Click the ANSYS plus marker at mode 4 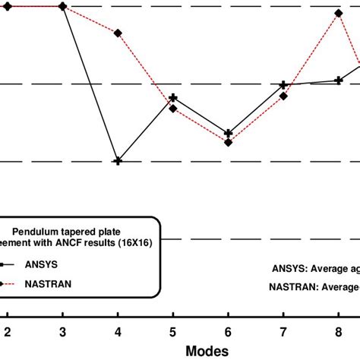118,161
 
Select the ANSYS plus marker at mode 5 173,98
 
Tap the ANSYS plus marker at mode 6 229,134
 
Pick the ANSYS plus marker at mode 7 283,85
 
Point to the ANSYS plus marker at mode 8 339,80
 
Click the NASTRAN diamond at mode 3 62,6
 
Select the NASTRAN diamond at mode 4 118,33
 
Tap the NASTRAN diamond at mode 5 173,109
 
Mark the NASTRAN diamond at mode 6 229,142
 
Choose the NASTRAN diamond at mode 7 283,96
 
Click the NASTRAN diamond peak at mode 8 339,14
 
